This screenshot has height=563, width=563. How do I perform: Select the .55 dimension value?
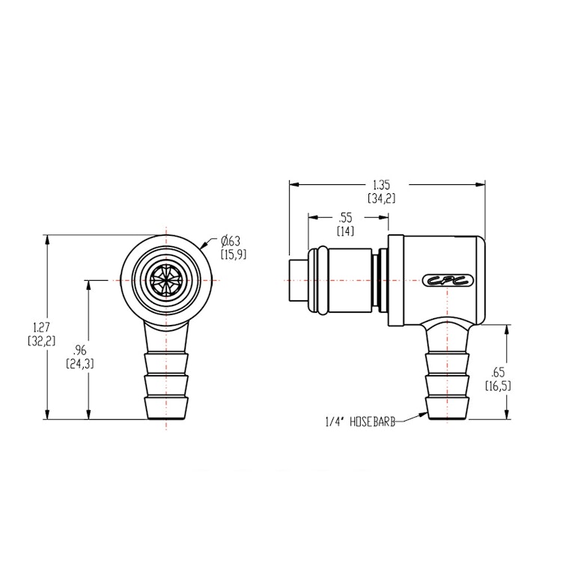pos(345,217)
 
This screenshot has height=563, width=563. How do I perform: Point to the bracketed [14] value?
pos(345,231)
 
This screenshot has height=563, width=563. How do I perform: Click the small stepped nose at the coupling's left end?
pos(295,281)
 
